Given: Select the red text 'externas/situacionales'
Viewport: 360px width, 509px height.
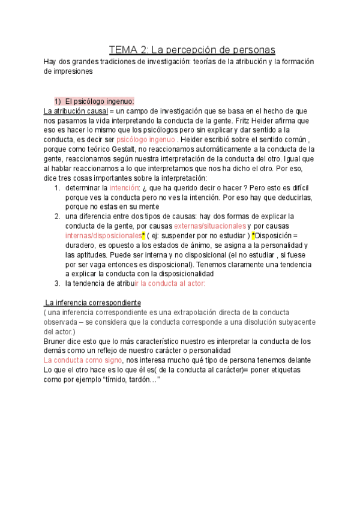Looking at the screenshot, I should point(210,226).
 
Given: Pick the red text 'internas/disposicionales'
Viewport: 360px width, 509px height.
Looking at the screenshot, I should point(103,235).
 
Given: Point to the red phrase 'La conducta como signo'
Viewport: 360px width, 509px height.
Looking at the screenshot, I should point(82,360).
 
